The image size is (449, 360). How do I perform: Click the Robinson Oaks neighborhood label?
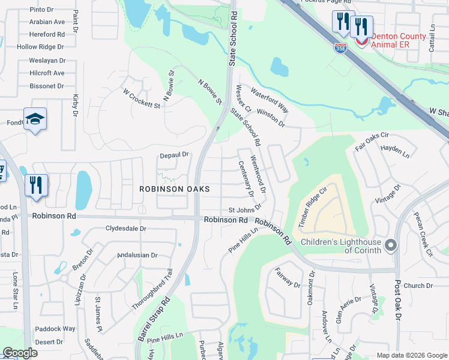pos(175,188)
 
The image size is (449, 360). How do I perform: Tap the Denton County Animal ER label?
pos(399,40)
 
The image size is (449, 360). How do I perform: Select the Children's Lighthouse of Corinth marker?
pos(391,245)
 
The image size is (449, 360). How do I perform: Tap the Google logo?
pos(20,353)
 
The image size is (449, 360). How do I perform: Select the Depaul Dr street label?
pos(174,155)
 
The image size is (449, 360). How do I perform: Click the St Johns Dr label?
pos(245,209)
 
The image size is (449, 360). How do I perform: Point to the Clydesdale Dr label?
pos(126,229)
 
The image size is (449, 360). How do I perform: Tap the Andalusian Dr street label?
pos(137,255)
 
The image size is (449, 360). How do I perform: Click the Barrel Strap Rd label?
pos(154,319)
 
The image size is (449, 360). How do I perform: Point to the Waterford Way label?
pos(270,100)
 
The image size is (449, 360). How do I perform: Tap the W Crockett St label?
pos(141,99)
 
